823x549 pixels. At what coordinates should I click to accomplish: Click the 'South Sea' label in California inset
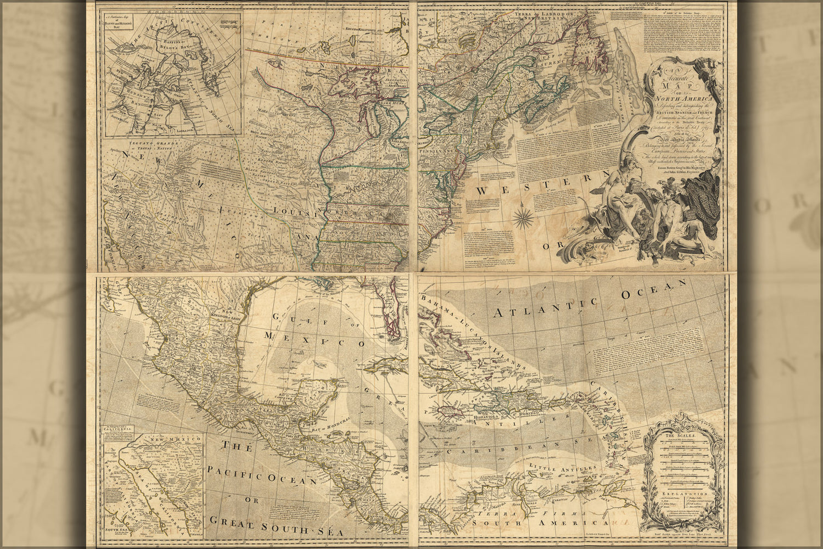pyautogui.click(x=120, y=530)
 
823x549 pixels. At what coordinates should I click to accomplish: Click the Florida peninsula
pyautogui.click(x=389, y=319)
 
